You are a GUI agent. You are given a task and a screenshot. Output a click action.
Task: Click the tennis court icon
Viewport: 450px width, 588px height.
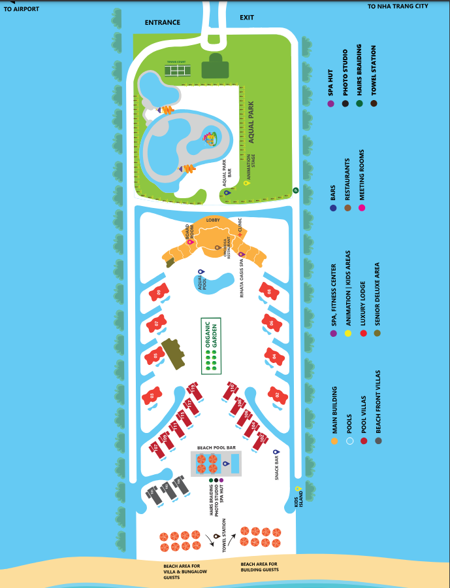click(x=176, y=69)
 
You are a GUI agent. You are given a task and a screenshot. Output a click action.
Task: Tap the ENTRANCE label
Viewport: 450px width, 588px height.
click(x=162, y=23)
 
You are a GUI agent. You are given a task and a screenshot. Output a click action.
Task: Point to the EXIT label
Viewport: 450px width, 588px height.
click(x=246, y=18)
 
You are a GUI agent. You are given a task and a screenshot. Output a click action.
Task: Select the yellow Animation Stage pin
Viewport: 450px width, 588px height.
click(x=246, y=183)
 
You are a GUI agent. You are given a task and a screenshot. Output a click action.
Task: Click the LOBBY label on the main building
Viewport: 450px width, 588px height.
click(x=213, y=220)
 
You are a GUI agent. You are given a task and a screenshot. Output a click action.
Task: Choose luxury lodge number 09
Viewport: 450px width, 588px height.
click(x=157, y=292)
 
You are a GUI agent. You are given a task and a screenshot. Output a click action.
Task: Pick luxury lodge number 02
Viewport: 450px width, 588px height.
click(x=278, y=395)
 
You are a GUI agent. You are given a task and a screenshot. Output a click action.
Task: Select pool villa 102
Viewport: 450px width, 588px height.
click(x=261, y=438)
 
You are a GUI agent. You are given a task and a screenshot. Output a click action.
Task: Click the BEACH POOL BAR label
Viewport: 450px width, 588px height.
click(x=216, y=447)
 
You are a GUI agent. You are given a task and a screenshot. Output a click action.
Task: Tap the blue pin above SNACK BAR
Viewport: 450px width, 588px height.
click(x=276, y=452)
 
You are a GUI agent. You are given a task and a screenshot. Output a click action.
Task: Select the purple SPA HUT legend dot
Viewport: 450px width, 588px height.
click(x=330, y=103)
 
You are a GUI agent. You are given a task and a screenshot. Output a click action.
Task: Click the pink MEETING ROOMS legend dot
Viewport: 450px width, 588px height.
click(x=361, y=208)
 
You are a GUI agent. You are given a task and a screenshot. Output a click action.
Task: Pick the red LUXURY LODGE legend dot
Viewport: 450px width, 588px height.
click(x=363, y=333)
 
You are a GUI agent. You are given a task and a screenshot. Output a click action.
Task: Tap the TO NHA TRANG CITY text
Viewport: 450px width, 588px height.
click(x=398, y=7)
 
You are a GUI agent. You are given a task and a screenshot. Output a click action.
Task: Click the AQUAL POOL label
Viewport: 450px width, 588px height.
click(x=203, y=283)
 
